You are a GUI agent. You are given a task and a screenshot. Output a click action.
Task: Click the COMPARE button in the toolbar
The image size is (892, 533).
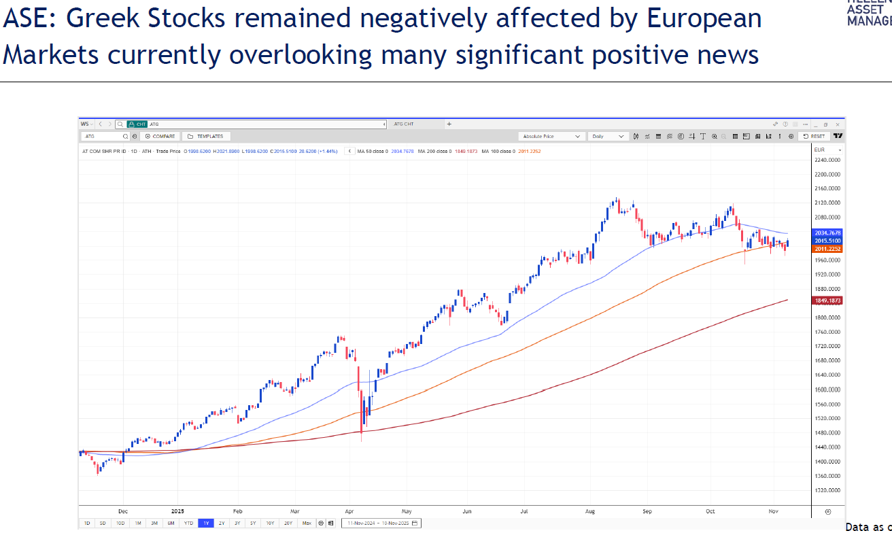click(x=160, y=136)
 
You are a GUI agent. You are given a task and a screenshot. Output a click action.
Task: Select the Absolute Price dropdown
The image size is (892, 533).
click(x=551, y=136)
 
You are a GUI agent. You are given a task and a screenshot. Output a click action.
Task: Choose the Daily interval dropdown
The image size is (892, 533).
click(x=608, y=136)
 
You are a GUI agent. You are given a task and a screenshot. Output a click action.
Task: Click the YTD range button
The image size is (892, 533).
click(x=188, y=523)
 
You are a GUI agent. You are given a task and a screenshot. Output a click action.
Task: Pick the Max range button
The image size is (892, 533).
click(x=307, y=523)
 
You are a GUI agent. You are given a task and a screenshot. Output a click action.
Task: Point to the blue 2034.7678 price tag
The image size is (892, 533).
click(x=827, y=233)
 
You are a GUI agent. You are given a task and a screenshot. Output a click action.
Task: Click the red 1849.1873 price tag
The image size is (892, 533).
click(x=827, y=300)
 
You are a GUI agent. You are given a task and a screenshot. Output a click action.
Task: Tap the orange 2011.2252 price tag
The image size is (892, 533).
click(x=827, y=249)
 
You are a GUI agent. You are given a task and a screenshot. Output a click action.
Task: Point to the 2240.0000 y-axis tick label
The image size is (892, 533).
click(x=827, y=160)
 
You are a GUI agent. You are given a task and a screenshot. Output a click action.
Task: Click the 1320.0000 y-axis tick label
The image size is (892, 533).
click(x=827, y=490)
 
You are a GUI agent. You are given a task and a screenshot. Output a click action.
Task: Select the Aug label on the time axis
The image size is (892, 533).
click(x=589, y=510)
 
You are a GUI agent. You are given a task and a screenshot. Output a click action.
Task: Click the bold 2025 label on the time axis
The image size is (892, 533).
click(x=177, y=510)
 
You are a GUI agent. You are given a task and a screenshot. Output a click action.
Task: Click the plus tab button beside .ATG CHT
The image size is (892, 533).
click(x=449, y=124)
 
